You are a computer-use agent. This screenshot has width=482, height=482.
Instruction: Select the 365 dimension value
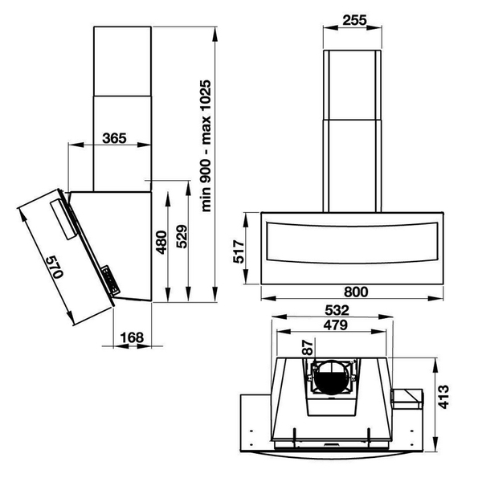(x=115, y=138)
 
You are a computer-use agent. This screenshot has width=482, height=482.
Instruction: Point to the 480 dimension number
(x=161, y=242)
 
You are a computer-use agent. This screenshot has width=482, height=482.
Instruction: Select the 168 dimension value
(x=129, y=337)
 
